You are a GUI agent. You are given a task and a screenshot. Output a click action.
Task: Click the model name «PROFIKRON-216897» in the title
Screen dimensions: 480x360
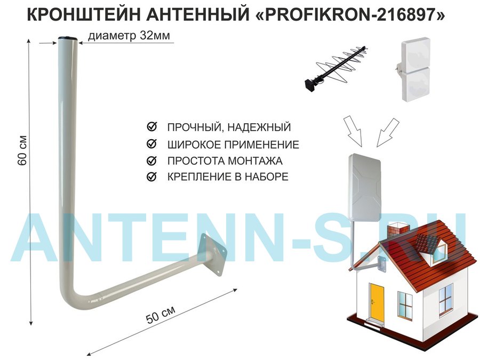pyautogui.click(x=350, y=14)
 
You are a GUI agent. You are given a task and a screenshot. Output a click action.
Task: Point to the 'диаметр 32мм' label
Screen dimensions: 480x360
pyautogui.click(x=129, y=36)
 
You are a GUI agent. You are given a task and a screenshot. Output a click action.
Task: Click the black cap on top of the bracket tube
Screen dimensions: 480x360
pyautogui.click(x=68, y=38)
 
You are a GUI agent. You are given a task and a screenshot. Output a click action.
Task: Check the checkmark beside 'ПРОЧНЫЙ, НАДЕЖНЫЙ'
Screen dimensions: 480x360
pyautogui.click(x=152, y=126)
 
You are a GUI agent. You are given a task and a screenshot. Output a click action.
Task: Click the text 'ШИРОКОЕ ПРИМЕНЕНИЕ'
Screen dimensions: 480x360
pyautogui.click(x=233, y=144)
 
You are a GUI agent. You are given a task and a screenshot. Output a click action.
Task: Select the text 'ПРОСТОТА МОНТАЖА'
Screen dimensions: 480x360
pyautogui.click(x=225, y=161)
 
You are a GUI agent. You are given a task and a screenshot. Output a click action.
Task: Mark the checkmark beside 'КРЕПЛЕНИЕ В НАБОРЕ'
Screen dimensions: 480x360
pyautogui.click(x=152, y=177)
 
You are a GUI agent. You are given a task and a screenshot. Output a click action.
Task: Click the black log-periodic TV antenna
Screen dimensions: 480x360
pyautogui.click(x=335, y=68)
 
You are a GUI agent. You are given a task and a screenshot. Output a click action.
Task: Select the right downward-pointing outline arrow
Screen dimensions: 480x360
pyautogui.click(x=388, y=132)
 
